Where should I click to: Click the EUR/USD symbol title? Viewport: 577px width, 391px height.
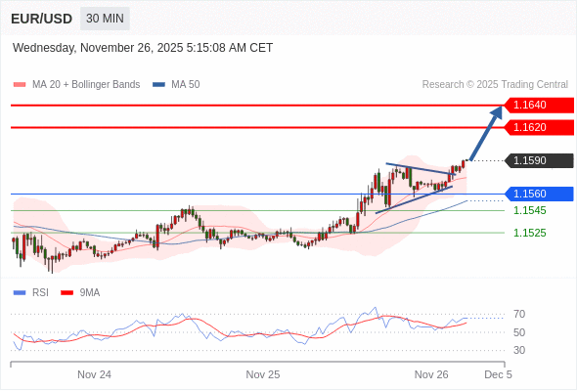coord(41,19)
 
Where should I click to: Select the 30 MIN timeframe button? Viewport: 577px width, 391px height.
coord(105,19)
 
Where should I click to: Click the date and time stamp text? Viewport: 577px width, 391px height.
coord(143,48)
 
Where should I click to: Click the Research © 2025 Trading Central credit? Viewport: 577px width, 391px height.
coord(495,85)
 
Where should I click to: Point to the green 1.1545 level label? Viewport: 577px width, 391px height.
coord(529,210)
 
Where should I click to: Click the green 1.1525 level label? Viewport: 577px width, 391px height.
coord(529,233)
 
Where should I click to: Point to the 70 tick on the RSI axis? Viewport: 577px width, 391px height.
coord(519,314)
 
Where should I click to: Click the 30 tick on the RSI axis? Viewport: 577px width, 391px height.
coord(519,350)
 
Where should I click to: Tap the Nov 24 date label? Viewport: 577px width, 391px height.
coord(94,374)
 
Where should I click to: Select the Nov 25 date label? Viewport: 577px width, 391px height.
coord(263,374)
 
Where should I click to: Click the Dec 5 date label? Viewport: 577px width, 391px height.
coord(498,374)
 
